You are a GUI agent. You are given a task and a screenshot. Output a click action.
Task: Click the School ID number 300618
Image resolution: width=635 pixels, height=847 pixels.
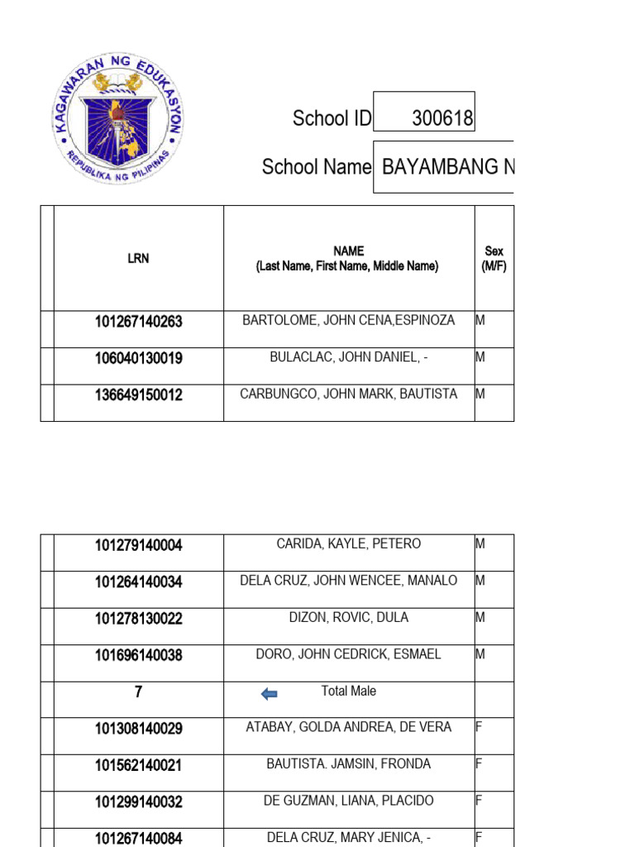click(x=442, y=119)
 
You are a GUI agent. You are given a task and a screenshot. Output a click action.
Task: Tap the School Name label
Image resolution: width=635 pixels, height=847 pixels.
click(x=317, y=167)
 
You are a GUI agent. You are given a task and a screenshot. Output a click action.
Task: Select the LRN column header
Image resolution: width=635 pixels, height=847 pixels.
click(x=138, y=258)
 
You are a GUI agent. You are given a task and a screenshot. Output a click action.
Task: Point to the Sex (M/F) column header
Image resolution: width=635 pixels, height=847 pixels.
click(x=494, y=258)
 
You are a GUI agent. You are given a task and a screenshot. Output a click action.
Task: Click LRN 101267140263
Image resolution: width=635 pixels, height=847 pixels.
click(x=138, y=322)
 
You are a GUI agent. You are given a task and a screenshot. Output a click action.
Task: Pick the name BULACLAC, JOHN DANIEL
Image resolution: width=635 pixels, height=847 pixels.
click(x=348, y=357)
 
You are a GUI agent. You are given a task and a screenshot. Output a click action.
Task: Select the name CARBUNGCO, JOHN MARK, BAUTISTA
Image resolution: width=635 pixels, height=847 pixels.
click(x=348, y=395)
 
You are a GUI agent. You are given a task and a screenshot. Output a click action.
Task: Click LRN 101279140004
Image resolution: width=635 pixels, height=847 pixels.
click(x=138, y=545)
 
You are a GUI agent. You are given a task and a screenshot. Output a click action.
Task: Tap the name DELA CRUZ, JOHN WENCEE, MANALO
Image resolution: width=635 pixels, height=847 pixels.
click(x=348, y=581)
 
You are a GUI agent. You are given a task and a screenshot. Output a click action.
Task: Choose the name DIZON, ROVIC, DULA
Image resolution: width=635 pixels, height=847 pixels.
click(x=348, y=618)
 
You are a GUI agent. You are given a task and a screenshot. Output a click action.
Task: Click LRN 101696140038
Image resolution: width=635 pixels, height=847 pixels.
click(x=138, y=655)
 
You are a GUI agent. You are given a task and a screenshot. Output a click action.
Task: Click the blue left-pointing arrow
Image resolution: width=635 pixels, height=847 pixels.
click(x=269, y=694)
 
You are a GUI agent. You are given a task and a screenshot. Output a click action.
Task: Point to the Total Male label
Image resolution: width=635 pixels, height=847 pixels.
click(x=348, y=691)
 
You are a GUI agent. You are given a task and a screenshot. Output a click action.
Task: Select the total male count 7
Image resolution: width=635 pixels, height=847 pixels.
click(x=138, y=692)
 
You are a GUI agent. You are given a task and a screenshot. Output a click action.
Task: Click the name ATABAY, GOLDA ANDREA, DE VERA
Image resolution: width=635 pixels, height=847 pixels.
click(x=348, y=727)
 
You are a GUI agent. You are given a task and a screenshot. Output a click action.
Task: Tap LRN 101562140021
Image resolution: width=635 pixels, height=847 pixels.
click(x=138, y=765)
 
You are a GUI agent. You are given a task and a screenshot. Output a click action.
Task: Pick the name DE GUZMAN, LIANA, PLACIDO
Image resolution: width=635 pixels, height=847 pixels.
click(x=348, y=801)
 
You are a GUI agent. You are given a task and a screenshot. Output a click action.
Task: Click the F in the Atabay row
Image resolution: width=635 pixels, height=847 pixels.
click(x=479, y=728)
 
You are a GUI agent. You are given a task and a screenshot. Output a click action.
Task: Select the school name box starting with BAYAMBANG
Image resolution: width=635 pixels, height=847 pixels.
click(x=444, y=168)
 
